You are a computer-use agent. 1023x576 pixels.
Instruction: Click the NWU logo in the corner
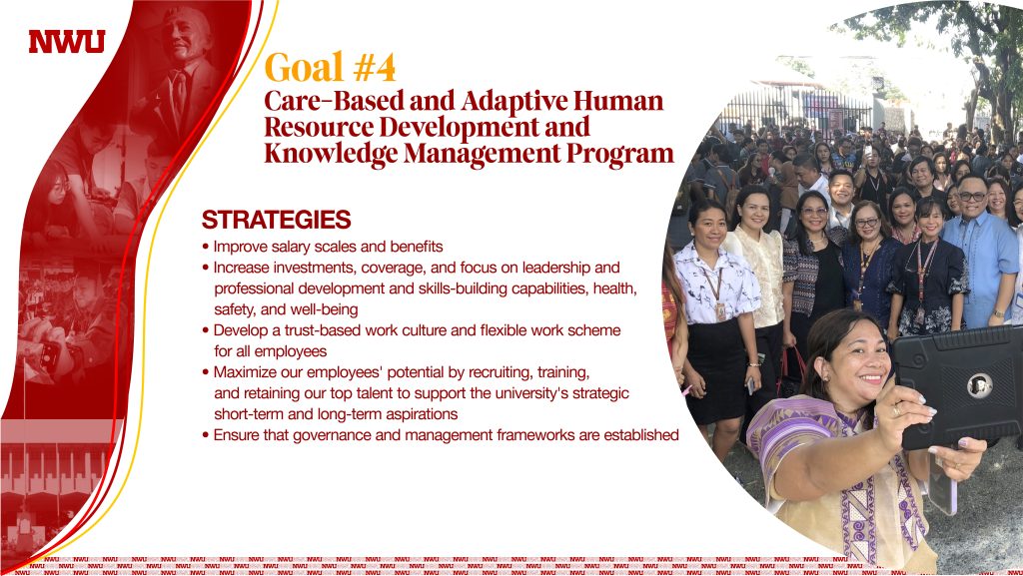point(67,42)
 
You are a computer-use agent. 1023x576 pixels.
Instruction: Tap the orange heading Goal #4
point(330,67)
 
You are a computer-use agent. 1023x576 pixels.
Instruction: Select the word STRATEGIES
point(276,220)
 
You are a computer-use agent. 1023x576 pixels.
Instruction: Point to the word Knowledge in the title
point(331,154)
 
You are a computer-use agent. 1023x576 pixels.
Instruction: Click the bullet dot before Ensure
point(206,435)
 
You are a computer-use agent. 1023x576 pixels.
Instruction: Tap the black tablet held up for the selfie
point(956,387)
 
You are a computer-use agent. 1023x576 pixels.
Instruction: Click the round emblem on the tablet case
point(979,385)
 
